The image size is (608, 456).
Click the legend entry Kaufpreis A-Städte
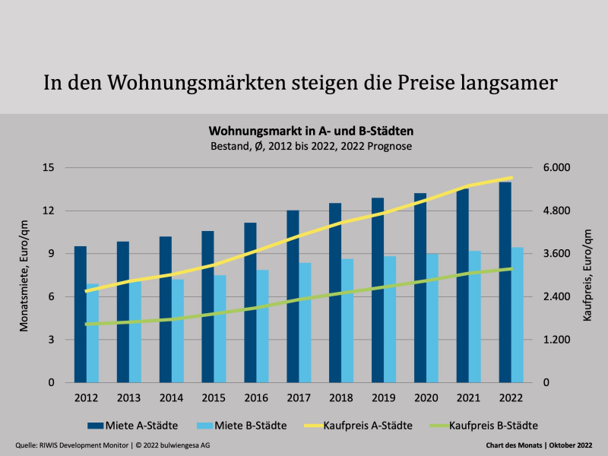pos(367,426)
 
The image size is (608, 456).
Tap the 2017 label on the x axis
pos(299,397)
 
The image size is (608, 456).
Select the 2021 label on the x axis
pos(468,397)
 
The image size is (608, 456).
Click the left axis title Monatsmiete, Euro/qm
pos(24,275)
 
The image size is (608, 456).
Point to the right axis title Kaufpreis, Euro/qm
pos(587,275)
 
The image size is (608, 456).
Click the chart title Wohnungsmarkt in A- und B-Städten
pos(311,131)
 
